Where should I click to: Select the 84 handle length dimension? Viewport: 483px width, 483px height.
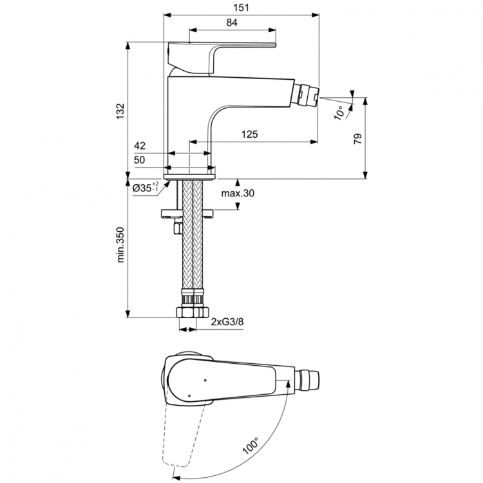tap(232, 23)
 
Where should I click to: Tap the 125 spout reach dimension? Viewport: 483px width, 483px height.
tap(250, 134)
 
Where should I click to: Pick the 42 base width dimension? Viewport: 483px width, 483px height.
tap(140, 147)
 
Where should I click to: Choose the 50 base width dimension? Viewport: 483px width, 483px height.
tap(140, 160)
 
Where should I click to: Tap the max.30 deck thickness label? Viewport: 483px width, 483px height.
tap(238, 193)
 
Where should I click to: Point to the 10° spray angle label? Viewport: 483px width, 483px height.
tap(339, 112)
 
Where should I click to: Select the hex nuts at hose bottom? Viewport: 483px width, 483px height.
tap(193, 312)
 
